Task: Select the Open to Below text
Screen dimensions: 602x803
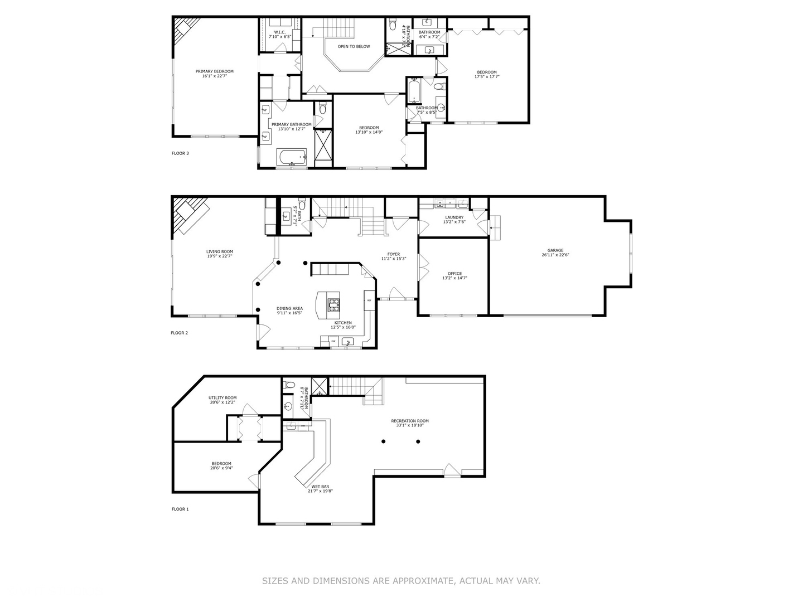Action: (354, 47)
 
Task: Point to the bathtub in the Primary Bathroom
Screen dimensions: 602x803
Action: (291, 157)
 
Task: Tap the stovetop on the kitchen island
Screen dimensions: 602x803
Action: (335, 304)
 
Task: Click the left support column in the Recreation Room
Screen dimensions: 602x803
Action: (384, 441)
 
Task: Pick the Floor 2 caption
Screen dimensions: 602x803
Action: (180, 333)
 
